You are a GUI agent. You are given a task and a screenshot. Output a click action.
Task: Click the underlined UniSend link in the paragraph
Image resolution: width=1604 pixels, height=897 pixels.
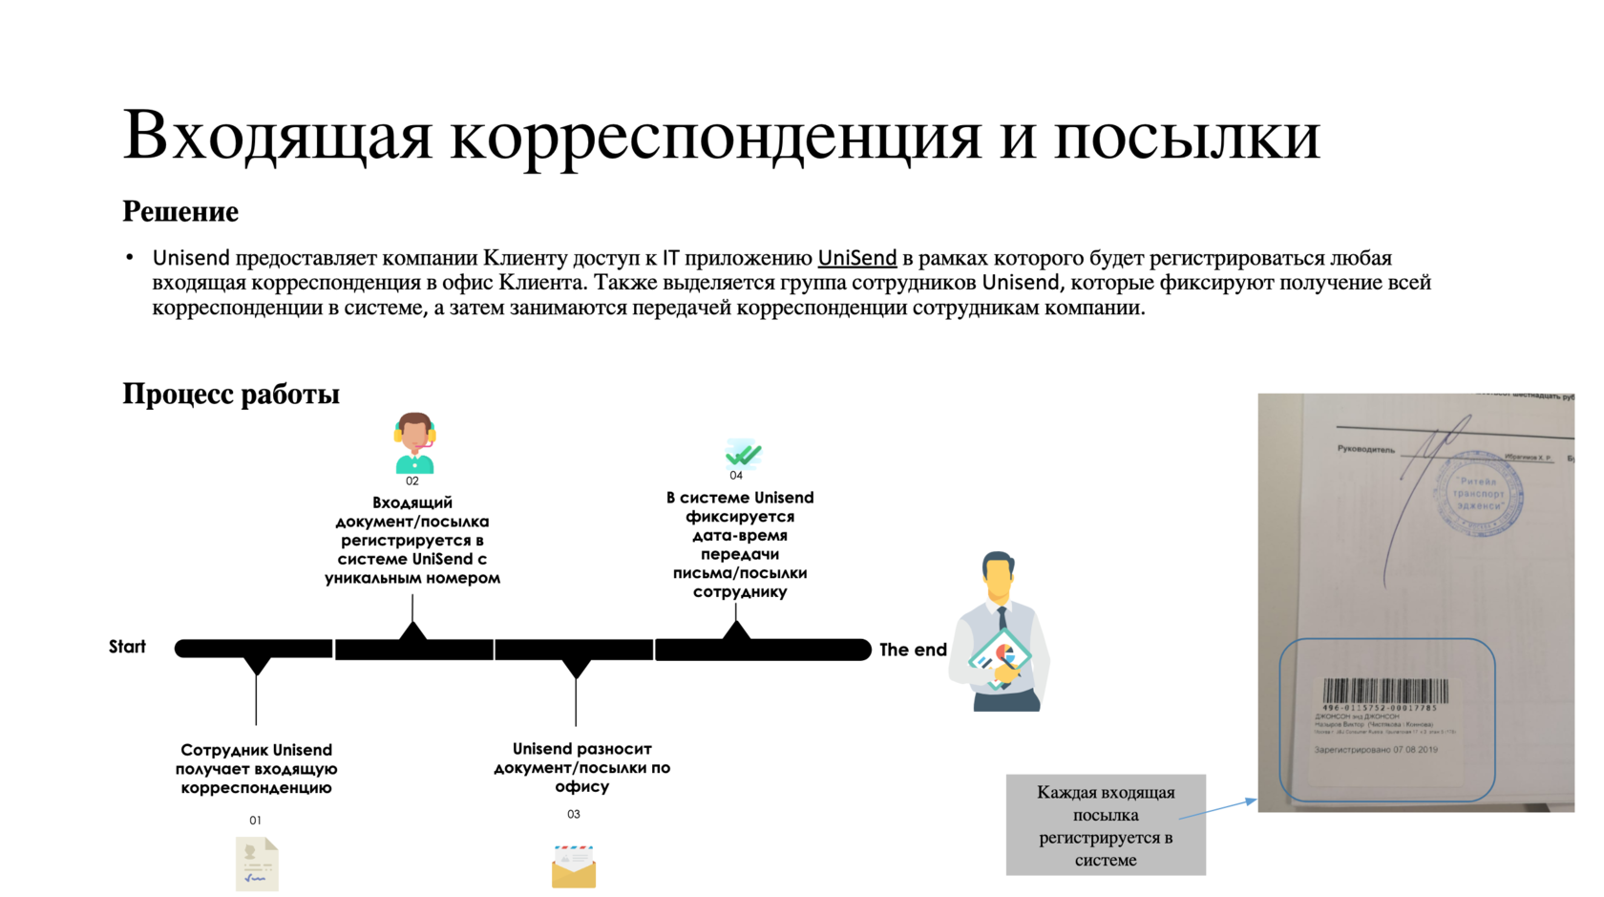click(x=856, y=258)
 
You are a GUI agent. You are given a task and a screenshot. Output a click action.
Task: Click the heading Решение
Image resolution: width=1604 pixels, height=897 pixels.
click(x=180, y=211)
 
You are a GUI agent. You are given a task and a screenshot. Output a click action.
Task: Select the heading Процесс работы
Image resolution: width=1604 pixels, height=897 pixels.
click(x=231, y=394)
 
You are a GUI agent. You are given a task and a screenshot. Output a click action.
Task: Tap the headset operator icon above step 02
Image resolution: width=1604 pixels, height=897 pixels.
click(x=414, y=442)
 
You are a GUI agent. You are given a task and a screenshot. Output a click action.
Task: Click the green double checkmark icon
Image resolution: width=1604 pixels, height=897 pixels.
click(x=743, y=453)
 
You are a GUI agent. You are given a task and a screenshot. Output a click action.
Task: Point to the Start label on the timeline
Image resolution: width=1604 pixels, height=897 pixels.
click(x=127, y=647)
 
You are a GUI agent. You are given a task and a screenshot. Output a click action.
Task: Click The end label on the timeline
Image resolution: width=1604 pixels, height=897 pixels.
click(x=913, y=650)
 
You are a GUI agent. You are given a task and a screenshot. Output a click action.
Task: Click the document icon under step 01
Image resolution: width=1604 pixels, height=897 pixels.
click(x=257, y=864)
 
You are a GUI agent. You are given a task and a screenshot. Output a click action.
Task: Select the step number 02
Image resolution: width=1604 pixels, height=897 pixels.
click(x=412, y=481)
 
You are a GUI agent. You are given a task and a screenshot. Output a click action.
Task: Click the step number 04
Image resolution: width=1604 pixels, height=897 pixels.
click(x=736, y=476)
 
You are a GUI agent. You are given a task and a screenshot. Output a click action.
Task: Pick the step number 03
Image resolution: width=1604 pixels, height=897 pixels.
click(x=573, y=814)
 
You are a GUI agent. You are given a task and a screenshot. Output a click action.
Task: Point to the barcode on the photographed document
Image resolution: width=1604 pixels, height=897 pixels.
click(x=1384, y=691)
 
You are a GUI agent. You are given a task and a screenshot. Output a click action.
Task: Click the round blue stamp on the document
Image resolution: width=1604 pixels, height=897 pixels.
click(x=1479, y=494)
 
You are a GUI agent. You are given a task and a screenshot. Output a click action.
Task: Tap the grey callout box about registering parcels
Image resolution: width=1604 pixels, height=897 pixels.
click(x=1106, y=824)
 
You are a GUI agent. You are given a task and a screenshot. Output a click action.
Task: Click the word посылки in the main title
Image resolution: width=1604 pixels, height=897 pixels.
click(x=1187, y=135)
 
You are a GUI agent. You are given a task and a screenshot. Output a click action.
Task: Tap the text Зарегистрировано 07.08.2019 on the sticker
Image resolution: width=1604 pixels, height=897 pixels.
click(x=1375, y=750)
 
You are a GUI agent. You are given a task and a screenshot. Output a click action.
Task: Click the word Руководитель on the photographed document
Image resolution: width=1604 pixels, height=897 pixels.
click(x=1365, y=449)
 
